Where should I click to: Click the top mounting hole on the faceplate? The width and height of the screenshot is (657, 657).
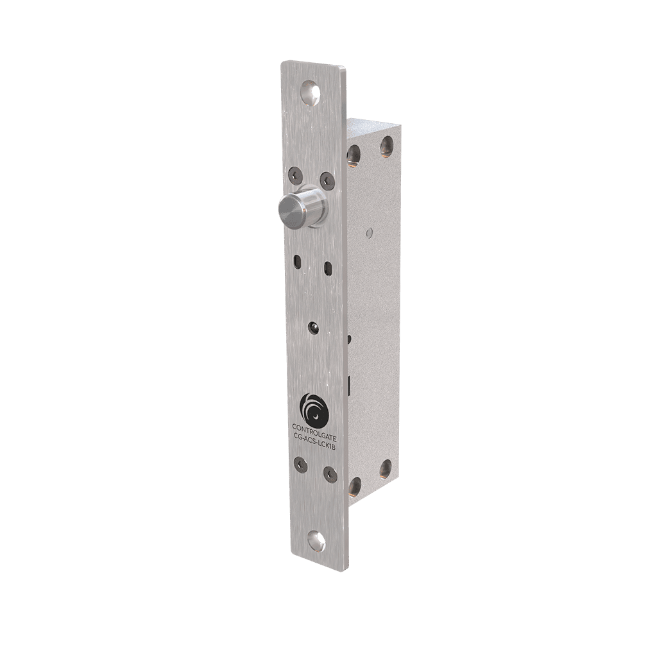click(x=311, y=92)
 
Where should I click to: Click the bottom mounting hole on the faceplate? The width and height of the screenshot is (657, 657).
click(x=316, y=541)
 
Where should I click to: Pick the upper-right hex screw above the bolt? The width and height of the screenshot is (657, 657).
click(x=327, y=179)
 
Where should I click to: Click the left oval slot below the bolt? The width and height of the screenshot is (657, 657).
click(x=297, y=261)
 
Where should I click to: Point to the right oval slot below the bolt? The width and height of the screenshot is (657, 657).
click(x=328, y=267)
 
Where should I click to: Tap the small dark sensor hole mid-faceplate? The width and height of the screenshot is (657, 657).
click(x=312, y=328)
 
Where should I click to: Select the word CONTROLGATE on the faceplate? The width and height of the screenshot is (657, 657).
click(x=314, y=429)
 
